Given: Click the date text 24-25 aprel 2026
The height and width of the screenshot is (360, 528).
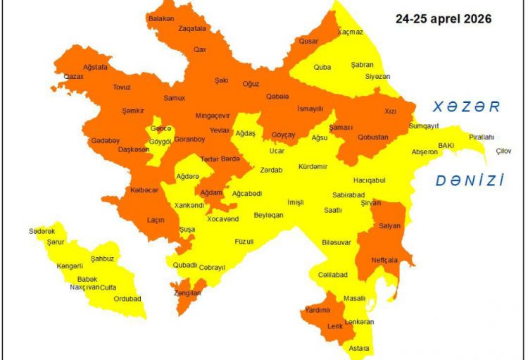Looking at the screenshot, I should click(x=443, y=19).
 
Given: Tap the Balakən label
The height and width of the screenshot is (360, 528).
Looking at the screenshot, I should click(x=161, y=18).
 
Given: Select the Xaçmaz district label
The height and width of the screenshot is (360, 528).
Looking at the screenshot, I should click(x=350, y=32).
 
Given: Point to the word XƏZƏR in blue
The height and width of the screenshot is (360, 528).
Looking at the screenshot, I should click(x=466, y=107).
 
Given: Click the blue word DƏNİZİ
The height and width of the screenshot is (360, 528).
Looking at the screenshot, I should click(x=470, y=180).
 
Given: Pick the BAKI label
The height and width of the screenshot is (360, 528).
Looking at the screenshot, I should click(x=446, y=145).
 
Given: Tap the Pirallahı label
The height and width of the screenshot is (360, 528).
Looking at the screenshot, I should click(x=482, y=137).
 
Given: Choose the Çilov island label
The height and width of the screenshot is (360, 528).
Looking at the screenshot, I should click(x=504, y=151).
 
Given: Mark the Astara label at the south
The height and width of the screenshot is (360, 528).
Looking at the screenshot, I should click(x=359, y=348).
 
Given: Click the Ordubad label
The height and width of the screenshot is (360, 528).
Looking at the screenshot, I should click(x=127, y=299).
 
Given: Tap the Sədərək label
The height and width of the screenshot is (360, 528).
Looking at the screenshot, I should click(x=42, y=231).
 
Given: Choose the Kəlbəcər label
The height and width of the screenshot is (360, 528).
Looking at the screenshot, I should click(x=144, y=190).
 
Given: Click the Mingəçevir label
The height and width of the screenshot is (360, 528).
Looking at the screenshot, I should click(x=213, y=116).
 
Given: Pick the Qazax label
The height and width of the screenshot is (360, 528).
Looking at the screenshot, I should click(x=74, y=76).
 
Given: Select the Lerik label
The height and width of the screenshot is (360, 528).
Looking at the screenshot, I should click(x=335, y=326).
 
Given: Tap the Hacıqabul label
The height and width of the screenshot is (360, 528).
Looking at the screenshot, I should click(x=370, y=180).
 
